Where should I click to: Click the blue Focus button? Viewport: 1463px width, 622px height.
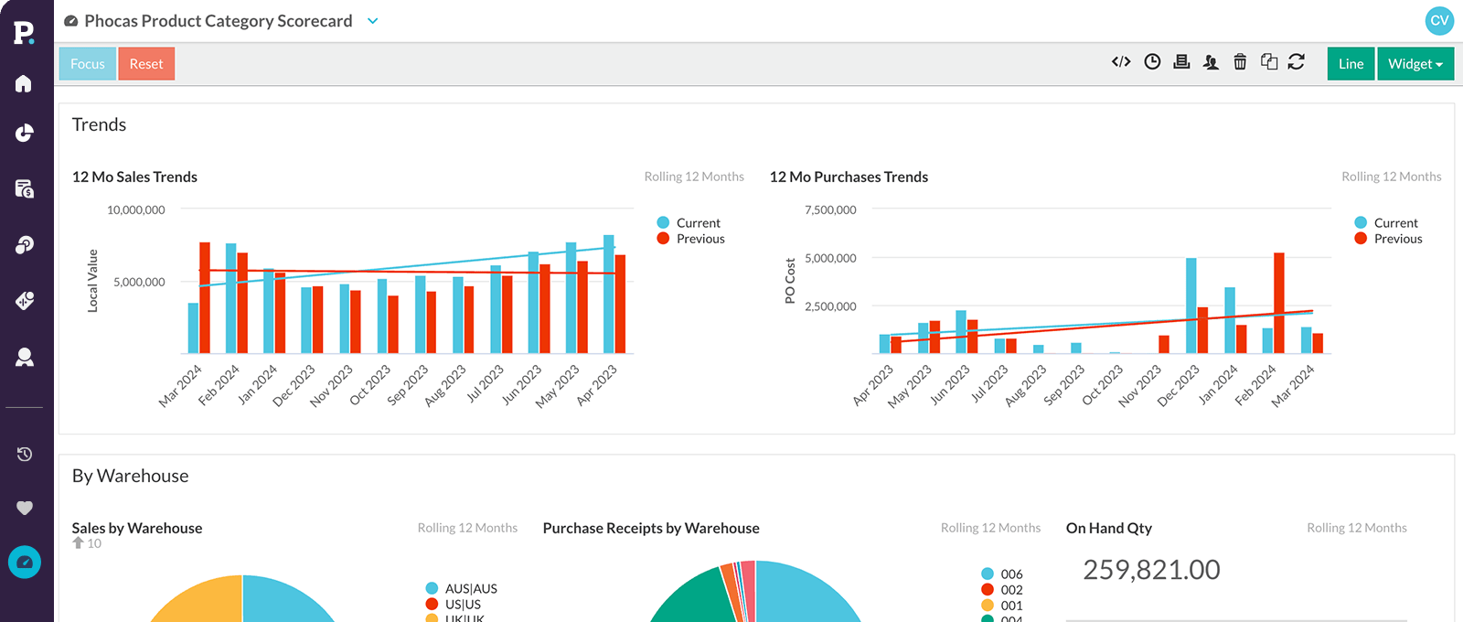(87, 64)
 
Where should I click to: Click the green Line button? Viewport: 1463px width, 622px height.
(1351, 64)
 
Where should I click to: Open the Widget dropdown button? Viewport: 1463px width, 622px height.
(1415, 64)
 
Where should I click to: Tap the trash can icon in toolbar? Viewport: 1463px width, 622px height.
(1240, 62)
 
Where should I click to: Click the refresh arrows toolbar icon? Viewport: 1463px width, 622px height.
(1296, 62)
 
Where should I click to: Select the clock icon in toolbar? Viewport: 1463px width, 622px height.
(1152, 62)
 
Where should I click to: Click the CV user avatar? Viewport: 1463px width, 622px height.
(1439, 20)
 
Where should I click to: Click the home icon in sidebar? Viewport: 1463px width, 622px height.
(25, 84)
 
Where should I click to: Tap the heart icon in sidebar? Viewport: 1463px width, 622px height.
(25, 508)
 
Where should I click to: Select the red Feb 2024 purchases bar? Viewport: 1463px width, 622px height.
(1278, 303)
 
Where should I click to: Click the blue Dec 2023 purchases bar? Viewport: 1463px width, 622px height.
(1191, 306)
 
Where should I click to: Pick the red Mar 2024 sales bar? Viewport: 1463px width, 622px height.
(205, 297)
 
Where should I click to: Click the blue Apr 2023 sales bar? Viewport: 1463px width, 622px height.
(609, 294)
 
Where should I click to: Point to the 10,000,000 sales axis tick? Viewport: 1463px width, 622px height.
(136, 209)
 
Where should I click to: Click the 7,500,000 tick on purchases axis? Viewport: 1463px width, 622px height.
(830, 209)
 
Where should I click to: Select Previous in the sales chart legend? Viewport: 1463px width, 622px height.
(699, 239)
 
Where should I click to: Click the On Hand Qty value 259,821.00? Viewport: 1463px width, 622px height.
(1151, 570)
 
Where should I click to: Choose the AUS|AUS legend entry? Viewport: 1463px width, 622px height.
(470, 588)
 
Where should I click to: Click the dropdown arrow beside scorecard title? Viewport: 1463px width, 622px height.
(372, 21)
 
